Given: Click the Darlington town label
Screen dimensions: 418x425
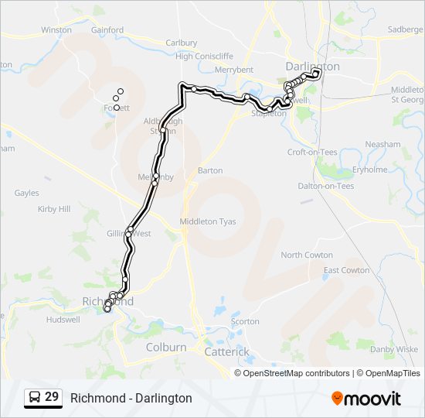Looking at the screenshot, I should (312, 67).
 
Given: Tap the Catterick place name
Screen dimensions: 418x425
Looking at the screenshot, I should (226, 351).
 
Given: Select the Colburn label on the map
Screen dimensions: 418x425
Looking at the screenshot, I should (166, 348).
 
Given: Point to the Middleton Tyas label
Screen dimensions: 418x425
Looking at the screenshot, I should (207, 221).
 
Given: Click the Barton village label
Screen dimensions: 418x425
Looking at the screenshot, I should (210, 170).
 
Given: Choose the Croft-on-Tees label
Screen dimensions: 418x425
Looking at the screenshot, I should (311, 152).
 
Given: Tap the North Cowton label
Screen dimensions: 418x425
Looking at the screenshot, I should (307, 255).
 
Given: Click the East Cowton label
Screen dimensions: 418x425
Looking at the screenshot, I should (346, 270).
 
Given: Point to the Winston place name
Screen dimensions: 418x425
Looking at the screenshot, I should (56, 30).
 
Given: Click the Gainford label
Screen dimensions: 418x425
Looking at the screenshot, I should (107, 30).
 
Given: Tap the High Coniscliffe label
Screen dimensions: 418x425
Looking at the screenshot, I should (204, 56).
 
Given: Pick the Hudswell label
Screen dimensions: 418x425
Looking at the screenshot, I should (63, 319).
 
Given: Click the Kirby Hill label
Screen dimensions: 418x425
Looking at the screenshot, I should (54, 209).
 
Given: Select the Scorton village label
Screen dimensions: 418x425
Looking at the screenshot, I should (245, 321).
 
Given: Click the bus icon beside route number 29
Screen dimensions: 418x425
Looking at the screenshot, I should (35, 398).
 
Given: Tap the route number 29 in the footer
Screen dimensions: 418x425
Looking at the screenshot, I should (52, 397).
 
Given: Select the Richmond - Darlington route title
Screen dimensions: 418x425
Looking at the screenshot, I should (131, 398).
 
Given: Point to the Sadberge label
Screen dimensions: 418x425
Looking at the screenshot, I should (406, 29).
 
